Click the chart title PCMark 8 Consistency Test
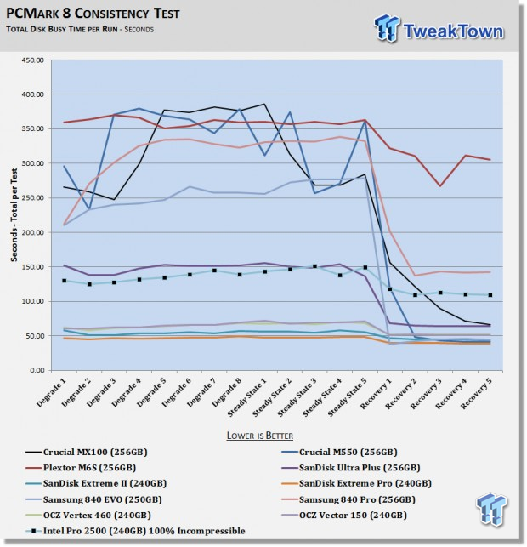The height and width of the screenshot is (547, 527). pyautogui.click(x=93, y=14)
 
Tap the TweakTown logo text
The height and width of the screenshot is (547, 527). pyautogui.click(x=453, y=31)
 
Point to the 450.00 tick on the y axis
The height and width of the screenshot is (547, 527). pyautogui.click(x=33, y=60)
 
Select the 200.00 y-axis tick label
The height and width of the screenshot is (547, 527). pyautogui.click(x=33, y=232)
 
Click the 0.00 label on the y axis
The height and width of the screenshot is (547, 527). pyautogui.click(x=37, y=370)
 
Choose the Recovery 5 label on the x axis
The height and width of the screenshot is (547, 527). pyautogui.click(x=477, y=394)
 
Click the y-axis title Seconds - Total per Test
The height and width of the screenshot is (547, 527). pyautogui.click(x=14, y=215)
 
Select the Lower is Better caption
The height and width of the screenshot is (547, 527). pyautogui.click(x=260, y=436)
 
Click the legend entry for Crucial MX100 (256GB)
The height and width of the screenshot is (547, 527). pyautogui.click(x=87, y=452)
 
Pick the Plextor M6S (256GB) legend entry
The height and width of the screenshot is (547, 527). pyautogui.click(x=81, y=468)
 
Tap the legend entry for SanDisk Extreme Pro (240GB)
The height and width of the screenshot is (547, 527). pyautogui.click(x=356, y=483)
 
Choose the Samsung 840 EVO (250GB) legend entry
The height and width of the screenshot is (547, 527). pyautogui.click(x=93, y=499)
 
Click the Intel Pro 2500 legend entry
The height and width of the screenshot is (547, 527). pyautogui.click(x=136, y=531)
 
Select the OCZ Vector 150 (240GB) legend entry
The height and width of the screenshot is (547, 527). pyautogui.click(x=344, y=516)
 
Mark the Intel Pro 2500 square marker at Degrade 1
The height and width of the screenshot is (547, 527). pyautogui.click(x=64, y=281)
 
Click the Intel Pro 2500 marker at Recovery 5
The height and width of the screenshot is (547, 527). pyautogui.click(x=490, y=295)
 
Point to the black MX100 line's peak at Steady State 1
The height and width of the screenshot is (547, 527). pyautogui.click(x=264, y=104)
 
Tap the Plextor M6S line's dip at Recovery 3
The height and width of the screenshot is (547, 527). pyautogui.click(x=440, y=186)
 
